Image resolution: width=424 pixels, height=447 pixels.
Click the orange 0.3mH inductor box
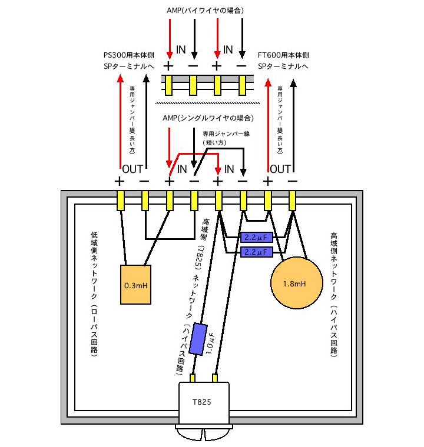(x=135, y=285)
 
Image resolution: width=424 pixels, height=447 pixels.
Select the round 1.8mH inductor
(x=297, y=283)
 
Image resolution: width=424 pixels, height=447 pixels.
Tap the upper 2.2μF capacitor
(x=257, y=238)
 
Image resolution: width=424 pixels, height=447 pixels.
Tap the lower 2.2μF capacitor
(x=257, y=252)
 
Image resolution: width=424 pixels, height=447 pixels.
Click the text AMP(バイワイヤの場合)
(x=204, y=11)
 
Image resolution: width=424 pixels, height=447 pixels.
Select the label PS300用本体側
(x=128, y=55)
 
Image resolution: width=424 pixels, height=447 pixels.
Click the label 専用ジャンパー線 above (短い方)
(x=226, y=134)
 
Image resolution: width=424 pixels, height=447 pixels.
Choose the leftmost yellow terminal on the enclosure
(x=120, y=201)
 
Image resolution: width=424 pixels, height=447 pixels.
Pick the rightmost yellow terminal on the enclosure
(x=293, y=201)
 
